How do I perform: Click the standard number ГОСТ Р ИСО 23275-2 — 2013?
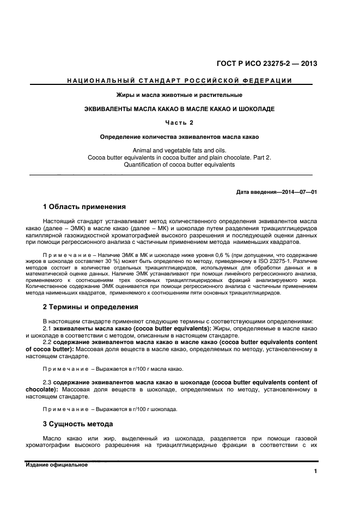coord(268,63)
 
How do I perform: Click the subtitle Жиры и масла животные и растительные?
coord(179,95)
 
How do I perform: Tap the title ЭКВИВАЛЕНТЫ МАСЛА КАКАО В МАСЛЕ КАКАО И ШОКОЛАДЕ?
coord(179,109)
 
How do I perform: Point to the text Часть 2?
coord(179,122)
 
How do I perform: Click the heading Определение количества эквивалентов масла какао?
coord(179,136)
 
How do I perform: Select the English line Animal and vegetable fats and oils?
coord(179,150)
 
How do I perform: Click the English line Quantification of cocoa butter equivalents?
coord(179,164)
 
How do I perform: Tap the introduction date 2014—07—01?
coord(295,193)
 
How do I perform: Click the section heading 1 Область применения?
coord(84,207)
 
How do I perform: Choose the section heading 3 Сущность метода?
coord(78,424)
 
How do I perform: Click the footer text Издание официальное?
coord(57,464)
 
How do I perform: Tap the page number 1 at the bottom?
coord(315,471)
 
